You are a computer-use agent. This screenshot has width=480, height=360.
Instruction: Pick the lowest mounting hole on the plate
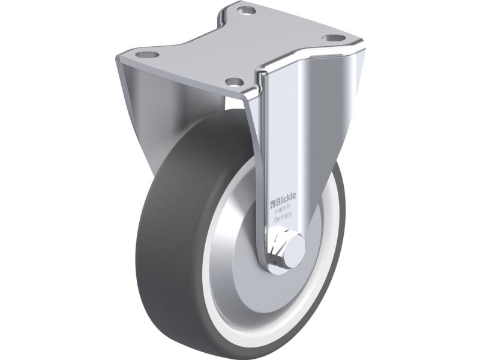click(x=234, y=82)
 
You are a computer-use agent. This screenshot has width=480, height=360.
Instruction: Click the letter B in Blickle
click(x=278, y=203)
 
